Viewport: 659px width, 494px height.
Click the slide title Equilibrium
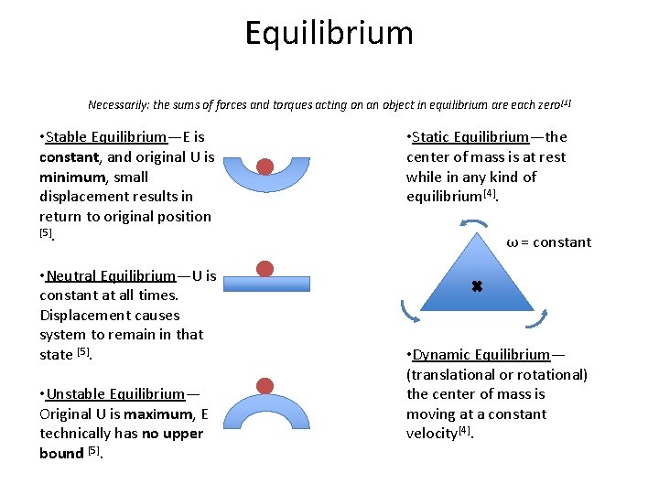pos(329,34)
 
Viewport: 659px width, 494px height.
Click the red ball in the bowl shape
pos(265,166)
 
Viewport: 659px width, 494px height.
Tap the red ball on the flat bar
pos(265,269)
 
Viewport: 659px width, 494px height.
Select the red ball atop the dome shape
pos(265,387)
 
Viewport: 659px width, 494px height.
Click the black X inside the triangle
pos(476,286)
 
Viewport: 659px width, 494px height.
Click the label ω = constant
pos(548,242)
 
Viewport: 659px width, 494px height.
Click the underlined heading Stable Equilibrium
pos(106,137)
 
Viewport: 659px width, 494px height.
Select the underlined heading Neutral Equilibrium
pos(110,275)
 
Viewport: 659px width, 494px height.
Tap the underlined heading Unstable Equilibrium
pos(115,394)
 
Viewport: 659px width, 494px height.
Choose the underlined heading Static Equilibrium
pos(470,137)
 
